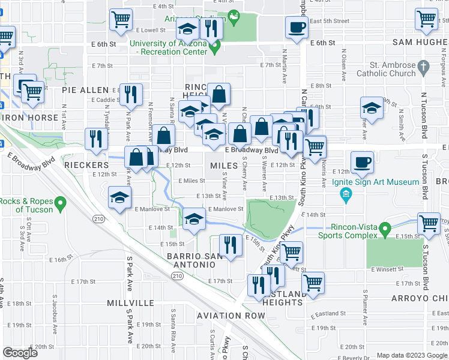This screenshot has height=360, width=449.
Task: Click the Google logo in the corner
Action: pos(20,352)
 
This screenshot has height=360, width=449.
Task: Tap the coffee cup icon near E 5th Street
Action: pos(297,26)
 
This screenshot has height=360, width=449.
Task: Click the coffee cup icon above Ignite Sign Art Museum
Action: pos(362,161)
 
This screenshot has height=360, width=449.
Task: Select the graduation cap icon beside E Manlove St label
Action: pos(193,218)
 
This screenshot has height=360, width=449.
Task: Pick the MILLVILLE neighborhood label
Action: pos(130,303)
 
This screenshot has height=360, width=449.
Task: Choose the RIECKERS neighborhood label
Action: pos(86,165)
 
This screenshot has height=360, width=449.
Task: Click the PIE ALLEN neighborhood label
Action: pos(85,89)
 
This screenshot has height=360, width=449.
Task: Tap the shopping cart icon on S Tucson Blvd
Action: pos(429,223)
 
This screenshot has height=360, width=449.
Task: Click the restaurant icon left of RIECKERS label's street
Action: pos(95,139)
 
